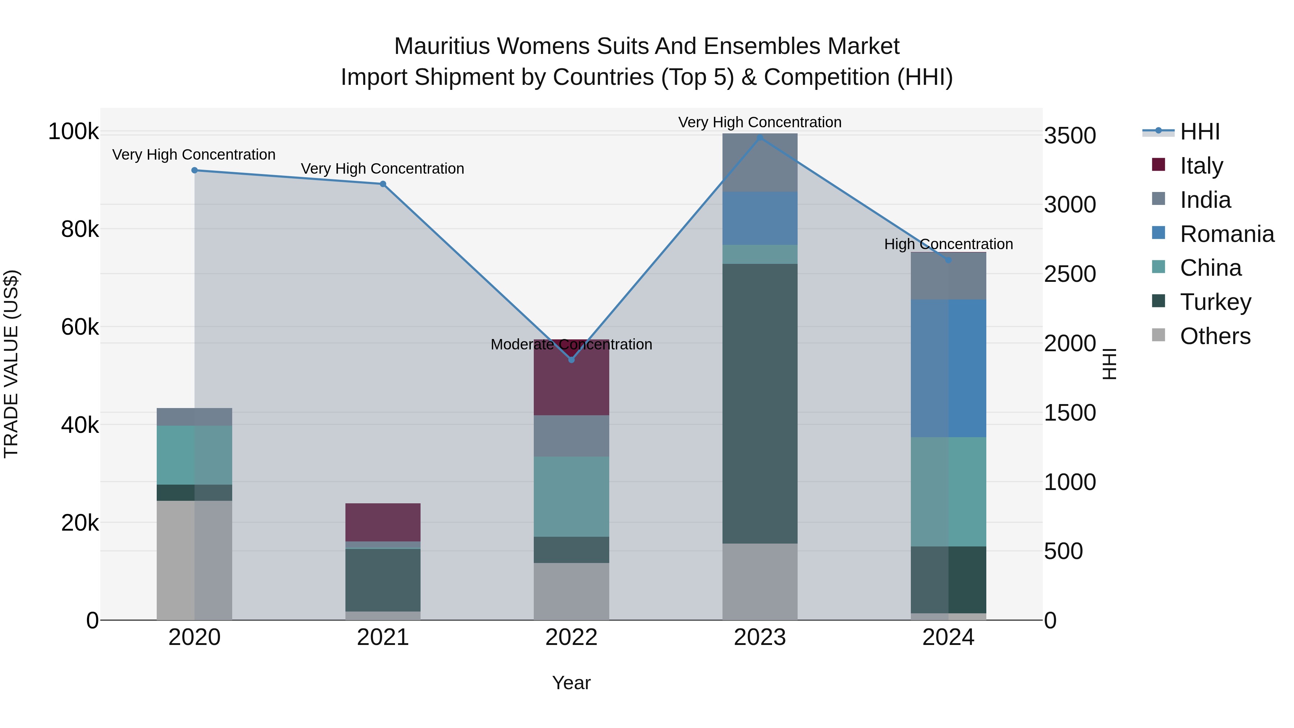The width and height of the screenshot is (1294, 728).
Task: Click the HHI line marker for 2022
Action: click(571, 360)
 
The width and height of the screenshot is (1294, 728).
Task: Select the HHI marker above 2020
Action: click(194, 170)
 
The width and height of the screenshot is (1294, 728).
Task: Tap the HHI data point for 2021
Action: click(383, 184)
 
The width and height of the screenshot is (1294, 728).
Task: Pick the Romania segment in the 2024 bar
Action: click(949, 368)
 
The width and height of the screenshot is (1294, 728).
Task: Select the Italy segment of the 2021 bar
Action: click(383, 522)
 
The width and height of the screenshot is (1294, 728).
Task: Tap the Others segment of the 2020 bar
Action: click(194, 560)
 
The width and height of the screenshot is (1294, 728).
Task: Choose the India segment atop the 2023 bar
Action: click(760, 162)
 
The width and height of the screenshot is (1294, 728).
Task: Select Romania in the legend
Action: click(1227, 234)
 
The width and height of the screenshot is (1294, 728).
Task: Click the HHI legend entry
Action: click(1199, 132)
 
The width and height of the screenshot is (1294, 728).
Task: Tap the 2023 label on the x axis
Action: click(760, 637)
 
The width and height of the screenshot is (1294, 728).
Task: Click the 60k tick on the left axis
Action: click(80, 327)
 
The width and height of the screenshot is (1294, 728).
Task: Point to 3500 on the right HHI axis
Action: click(1070, 136)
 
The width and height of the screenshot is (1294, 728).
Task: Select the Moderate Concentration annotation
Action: click(571, 345)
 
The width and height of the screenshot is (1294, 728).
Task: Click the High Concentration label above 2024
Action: click(949, 244)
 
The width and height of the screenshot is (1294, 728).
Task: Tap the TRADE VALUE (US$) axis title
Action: click(11, 364)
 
